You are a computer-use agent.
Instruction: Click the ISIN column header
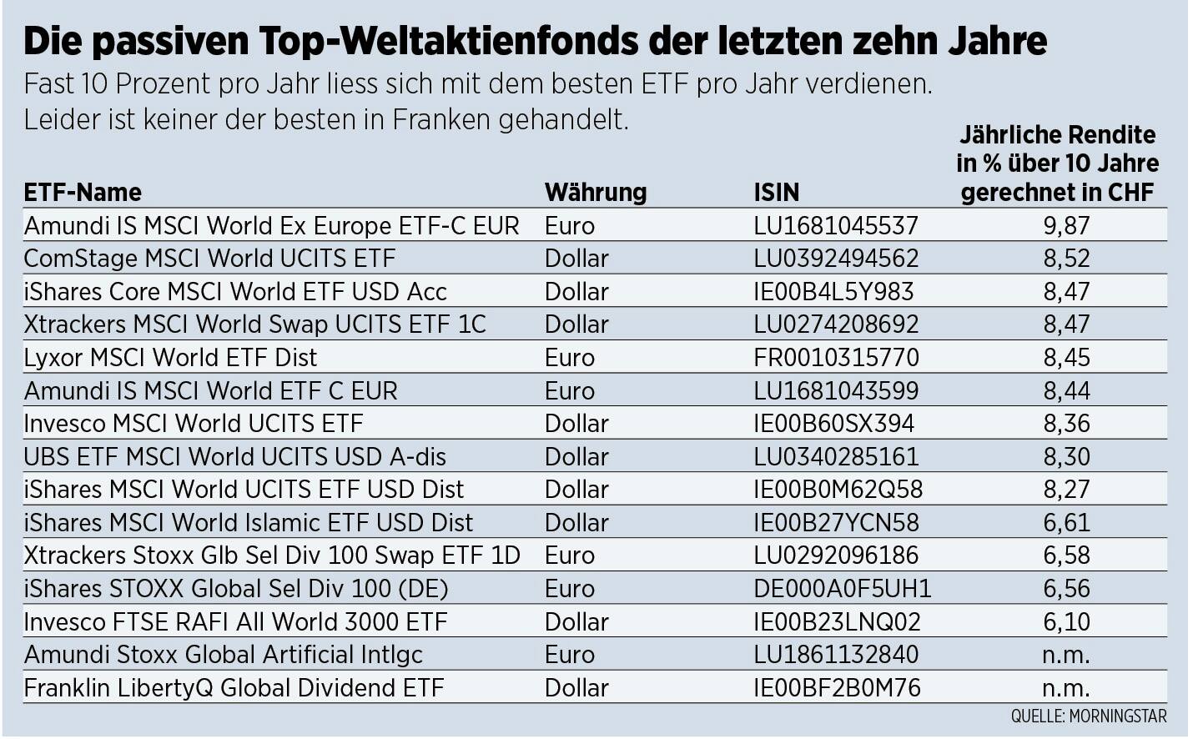click(776, 193)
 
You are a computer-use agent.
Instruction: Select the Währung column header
click(596, 193)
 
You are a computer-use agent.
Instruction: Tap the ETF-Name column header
click(83, 193)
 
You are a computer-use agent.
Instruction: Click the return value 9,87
click(1066, 226)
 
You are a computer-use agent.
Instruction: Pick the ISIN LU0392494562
click(836, 259)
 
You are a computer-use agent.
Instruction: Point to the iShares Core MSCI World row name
click(235, 292)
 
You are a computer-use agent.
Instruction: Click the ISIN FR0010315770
click(836, 358)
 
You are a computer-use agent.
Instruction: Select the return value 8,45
click(1066, 358)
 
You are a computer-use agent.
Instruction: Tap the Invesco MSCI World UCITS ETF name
click(194, 424)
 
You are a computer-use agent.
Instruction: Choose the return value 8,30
click(1066, 457)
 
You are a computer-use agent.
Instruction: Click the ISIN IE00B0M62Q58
click(838, 490)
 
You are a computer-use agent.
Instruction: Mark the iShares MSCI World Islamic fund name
click(249, 523)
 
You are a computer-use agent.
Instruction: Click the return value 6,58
click(1066, 556)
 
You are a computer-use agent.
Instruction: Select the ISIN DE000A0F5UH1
click(842, 589)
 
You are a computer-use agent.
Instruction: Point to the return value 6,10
click(1066, 622)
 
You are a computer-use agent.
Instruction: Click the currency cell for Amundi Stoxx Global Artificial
click(570, 655)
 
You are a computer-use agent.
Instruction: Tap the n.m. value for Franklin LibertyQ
click(1066, 688)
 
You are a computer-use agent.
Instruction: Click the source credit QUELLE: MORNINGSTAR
click(1089, 716)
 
